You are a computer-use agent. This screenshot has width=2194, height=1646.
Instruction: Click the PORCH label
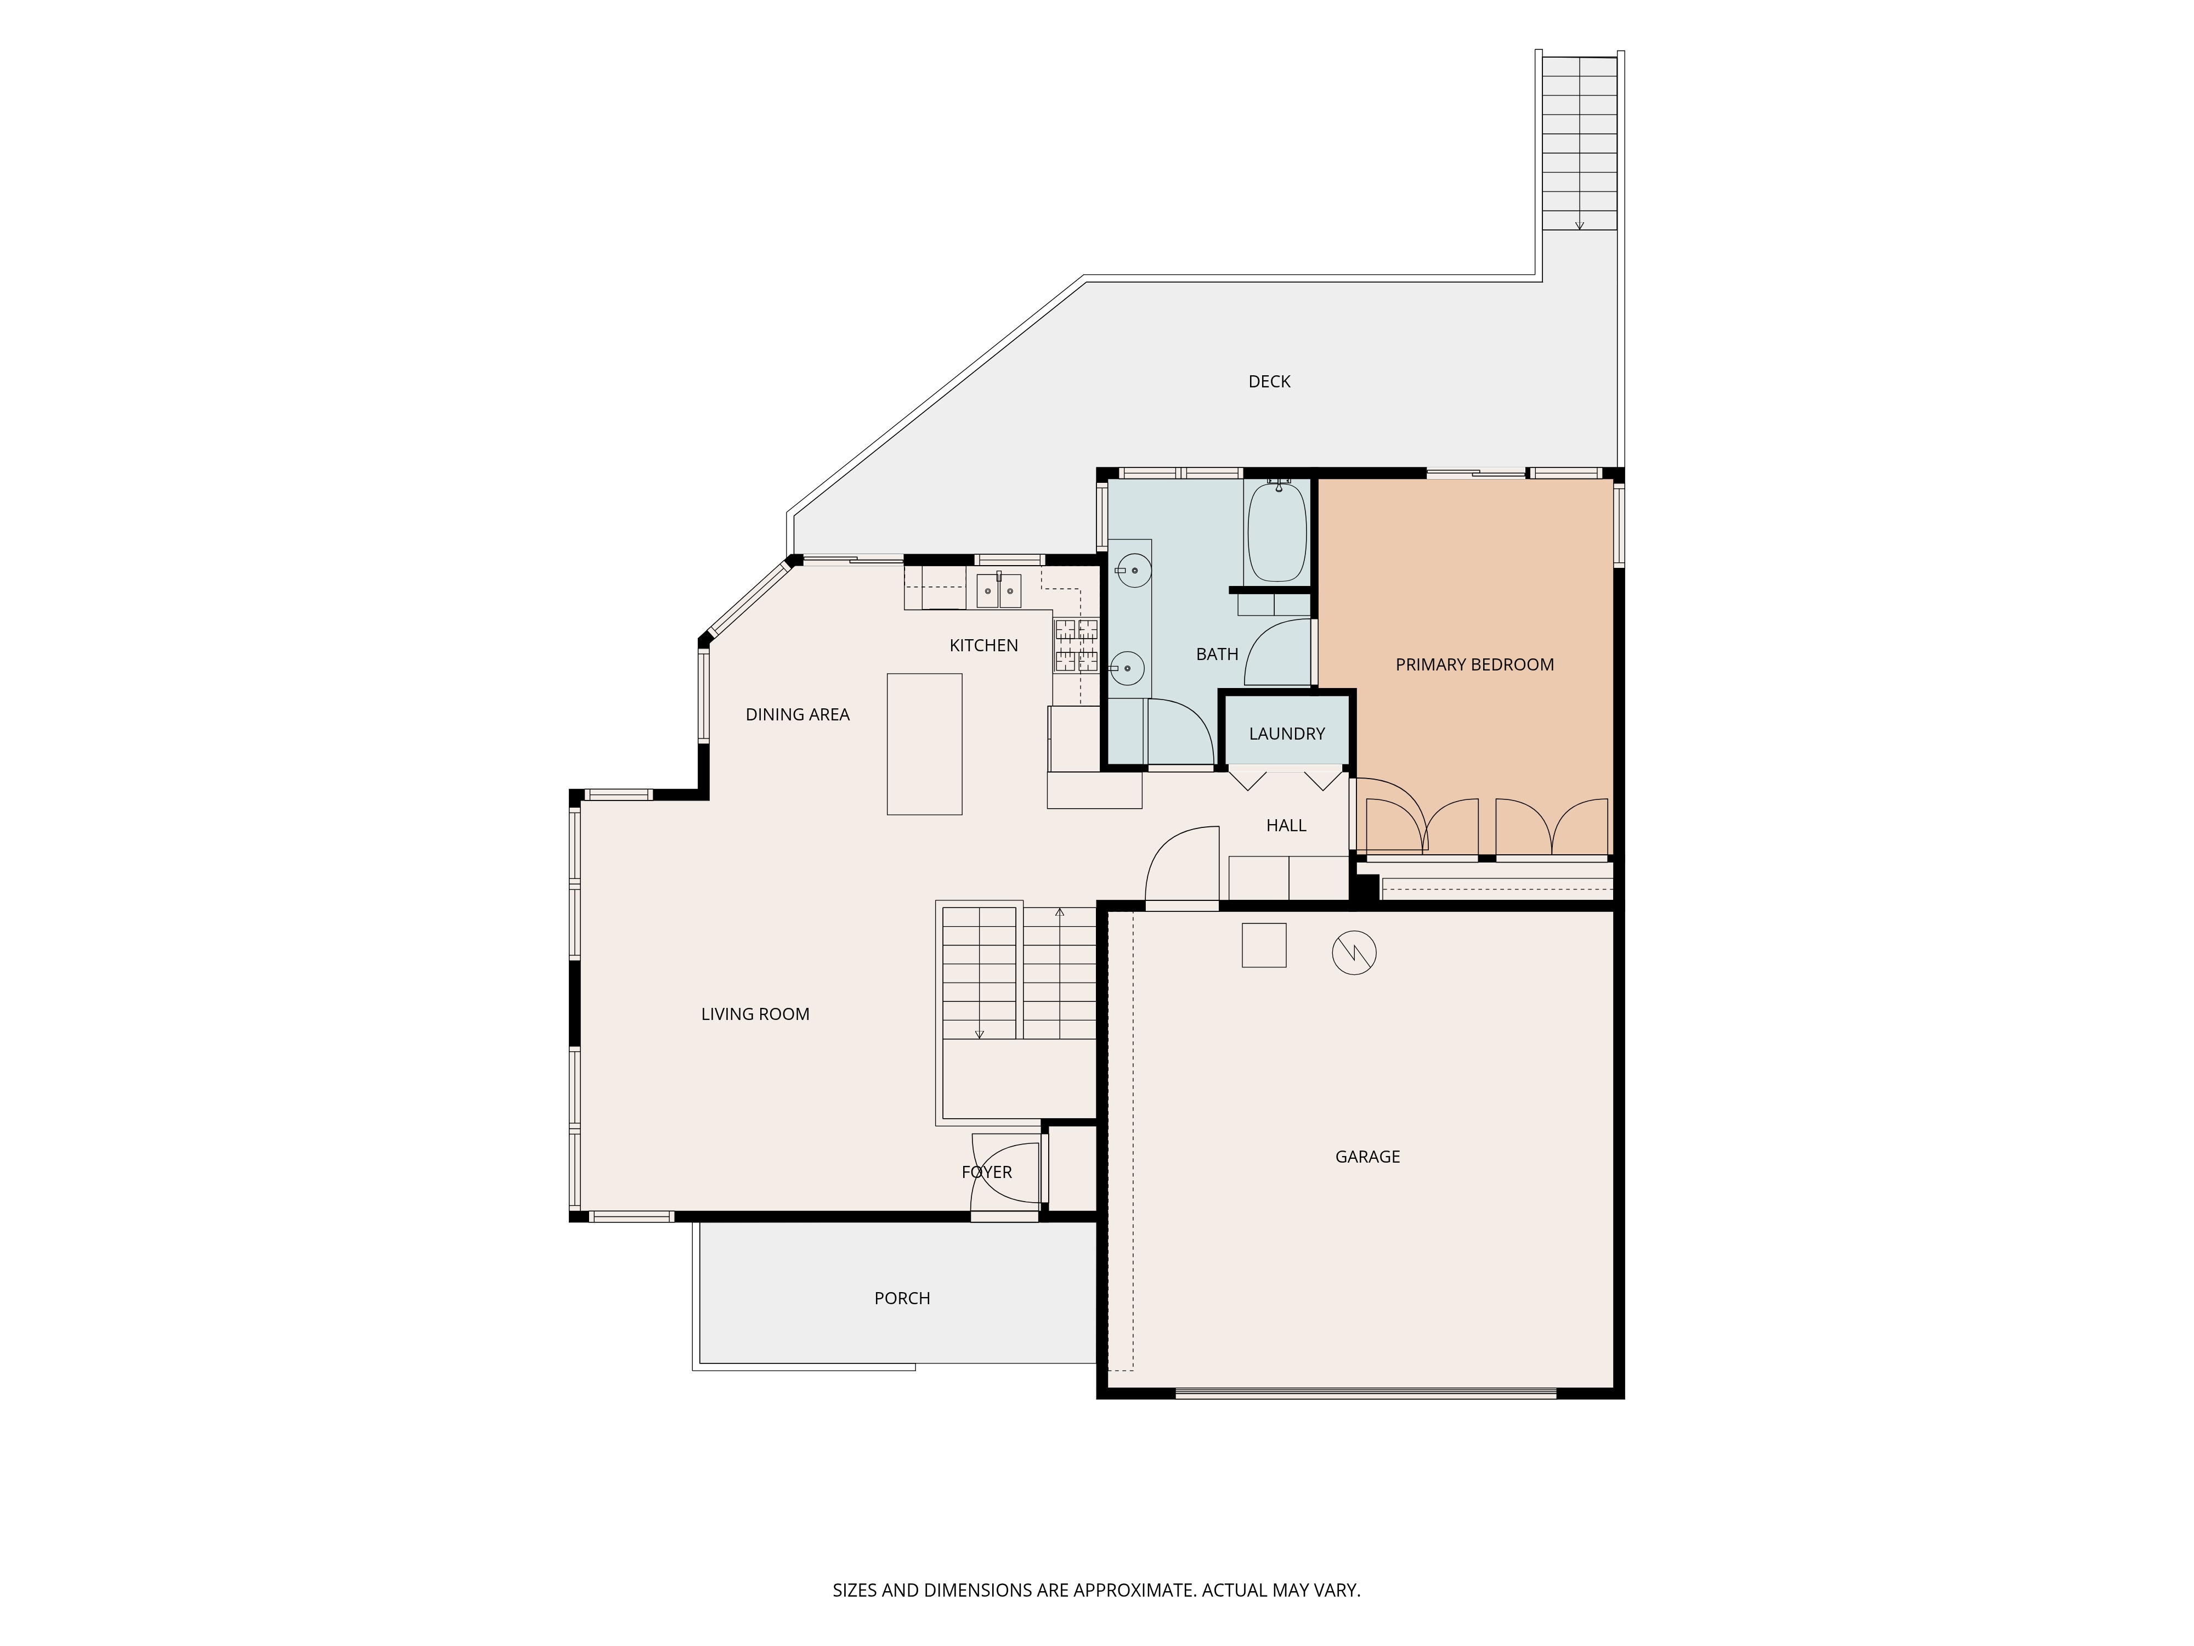(902, 1299)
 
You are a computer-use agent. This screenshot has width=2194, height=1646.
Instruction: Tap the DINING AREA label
(798, 714)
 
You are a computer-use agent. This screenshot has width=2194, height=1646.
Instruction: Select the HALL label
(1286, 826)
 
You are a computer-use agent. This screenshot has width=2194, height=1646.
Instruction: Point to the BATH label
(1217, 655)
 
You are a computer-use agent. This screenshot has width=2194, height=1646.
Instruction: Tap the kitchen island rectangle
(924, 744)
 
